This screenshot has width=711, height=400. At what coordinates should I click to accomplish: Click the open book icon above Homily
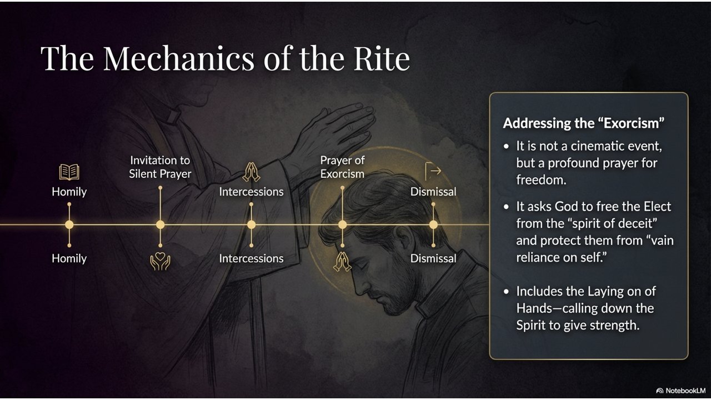pos(69,172)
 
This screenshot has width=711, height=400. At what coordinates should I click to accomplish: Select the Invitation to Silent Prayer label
pos(160,167)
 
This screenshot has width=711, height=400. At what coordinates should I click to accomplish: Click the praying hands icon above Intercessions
pos(251,172)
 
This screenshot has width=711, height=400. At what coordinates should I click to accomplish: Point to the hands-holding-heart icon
pos(160,261)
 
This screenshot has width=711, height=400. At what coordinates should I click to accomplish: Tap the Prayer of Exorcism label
pos(342,167)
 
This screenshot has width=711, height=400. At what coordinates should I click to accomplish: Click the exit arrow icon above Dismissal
pos(433,172)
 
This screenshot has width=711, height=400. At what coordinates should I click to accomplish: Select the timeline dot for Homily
pos(69,225)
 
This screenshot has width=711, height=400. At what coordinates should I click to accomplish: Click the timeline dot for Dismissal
pos(433,225)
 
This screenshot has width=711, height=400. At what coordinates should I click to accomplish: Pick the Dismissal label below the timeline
pos(433,258)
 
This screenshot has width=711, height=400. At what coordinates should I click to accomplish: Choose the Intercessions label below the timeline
pos(251,258)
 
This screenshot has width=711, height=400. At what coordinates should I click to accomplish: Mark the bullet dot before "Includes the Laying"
pos(506,292)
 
